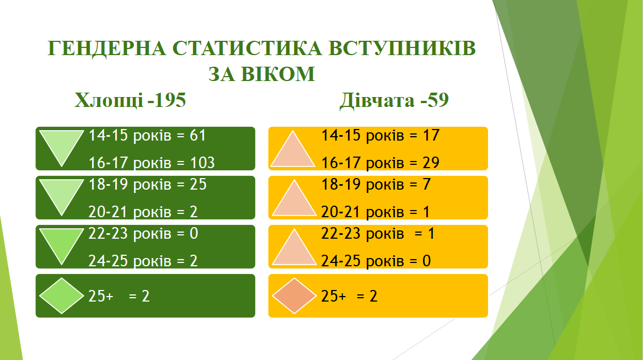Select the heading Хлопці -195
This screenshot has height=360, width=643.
point(130,100)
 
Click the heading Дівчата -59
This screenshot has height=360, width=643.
point(394,100)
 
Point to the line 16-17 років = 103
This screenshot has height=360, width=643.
point(152,163)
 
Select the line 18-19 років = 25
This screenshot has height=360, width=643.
point(147,185)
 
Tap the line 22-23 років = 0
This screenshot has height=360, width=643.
point(143,234)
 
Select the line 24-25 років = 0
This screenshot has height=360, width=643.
point(376,261)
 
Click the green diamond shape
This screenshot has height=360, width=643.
point(61,296)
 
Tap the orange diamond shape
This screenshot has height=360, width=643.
point(294,296)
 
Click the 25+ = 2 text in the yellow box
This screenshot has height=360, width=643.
point(349,297)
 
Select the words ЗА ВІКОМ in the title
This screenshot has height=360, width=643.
point(261,74)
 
